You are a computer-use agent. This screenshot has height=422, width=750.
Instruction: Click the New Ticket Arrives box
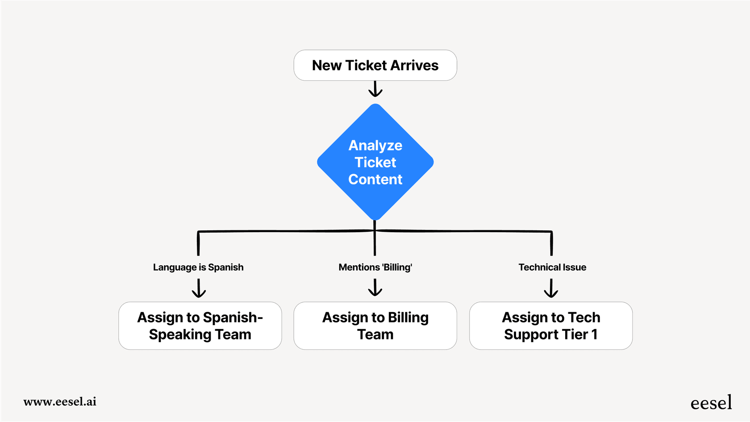coord(375,65)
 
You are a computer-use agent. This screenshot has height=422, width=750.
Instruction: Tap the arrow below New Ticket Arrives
coord(375,89)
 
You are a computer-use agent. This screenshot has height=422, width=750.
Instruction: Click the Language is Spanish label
coord(198,267)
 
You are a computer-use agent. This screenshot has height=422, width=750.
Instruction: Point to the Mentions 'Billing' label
coord(375,267)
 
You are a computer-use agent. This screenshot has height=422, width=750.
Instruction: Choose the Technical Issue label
coord(552,267)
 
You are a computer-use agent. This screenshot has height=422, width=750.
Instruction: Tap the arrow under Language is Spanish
coord(199,288)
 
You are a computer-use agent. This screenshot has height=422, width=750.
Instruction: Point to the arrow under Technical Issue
coord(551,288)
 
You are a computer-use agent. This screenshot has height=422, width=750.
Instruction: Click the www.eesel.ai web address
coord(60,401)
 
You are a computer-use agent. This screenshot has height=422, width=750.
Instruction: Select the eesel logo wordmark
coord(711,403)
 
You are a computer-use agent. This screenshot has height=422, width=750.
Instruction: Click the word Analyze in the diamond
coord(375,146)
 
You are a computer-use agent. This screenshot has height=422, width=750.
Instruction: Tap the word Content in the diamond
coord(375,180)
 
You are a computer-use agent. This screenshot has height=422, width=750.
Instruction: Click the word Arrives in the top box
coord(414,65)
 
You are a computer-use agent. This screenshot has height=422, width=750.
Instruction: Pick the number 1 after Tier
coord(594,334)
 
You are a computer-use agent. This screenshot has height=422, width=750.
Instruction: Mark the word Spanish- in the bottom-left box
coord(233,318)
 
